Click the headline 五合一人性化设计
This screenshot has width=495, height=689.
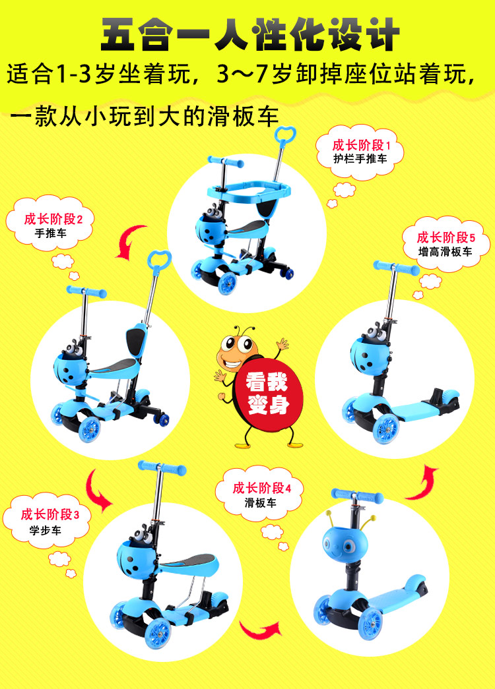[x=250, y=34]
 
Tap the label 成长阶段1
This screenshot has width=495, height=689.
[x=361, y=144]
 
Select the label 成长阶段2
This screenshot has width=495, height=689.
[x=53, y=218]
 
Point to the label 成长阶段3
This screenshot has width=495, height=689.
[x=49, y=514]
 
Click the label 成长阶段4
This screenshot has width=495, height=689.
[x=262, y=488]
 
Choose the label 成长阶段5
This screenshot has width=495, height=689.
[x=446, y=237]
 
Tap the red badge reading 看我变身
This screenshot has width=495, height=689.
[x=267, y=393]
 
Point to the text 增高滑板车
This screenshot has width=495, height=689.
[x=445, y=252]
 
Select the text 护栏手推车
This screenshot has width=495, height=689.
[x=360, y=159]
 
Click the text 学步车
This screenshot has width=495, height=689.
[x=46, y=530]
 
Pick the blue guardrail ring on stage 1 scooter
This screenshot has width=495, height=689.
[x=249, y=190]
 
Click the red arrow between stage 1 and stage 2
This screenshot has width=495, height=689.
[x=130, y=241]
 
